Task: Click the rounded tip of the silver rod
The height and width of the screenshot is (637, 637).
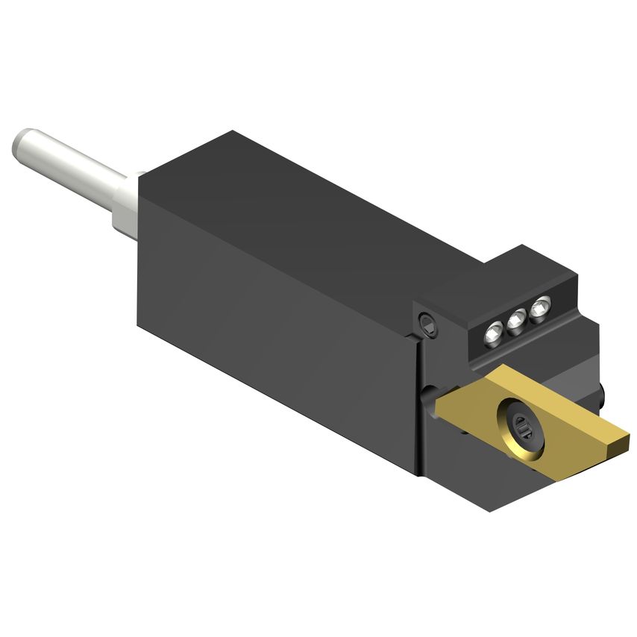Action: tap(20, 142)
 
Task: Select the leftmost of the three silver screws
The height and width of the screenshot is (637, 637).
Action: tap(492, 333)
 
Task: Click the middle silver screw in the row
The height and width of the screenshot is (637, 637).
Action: tap(515, 321)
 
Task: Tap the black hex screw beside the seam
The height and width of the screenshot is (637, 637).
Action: tap(428, 323)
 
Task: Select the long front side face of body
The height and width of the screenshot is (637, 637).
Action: tap(276, 328)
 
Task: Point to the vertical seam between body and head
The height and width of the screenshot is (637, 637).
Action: tap(416, 403)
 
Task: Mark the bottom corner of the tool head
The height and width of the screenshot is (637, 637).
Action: tap(489, 510)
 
